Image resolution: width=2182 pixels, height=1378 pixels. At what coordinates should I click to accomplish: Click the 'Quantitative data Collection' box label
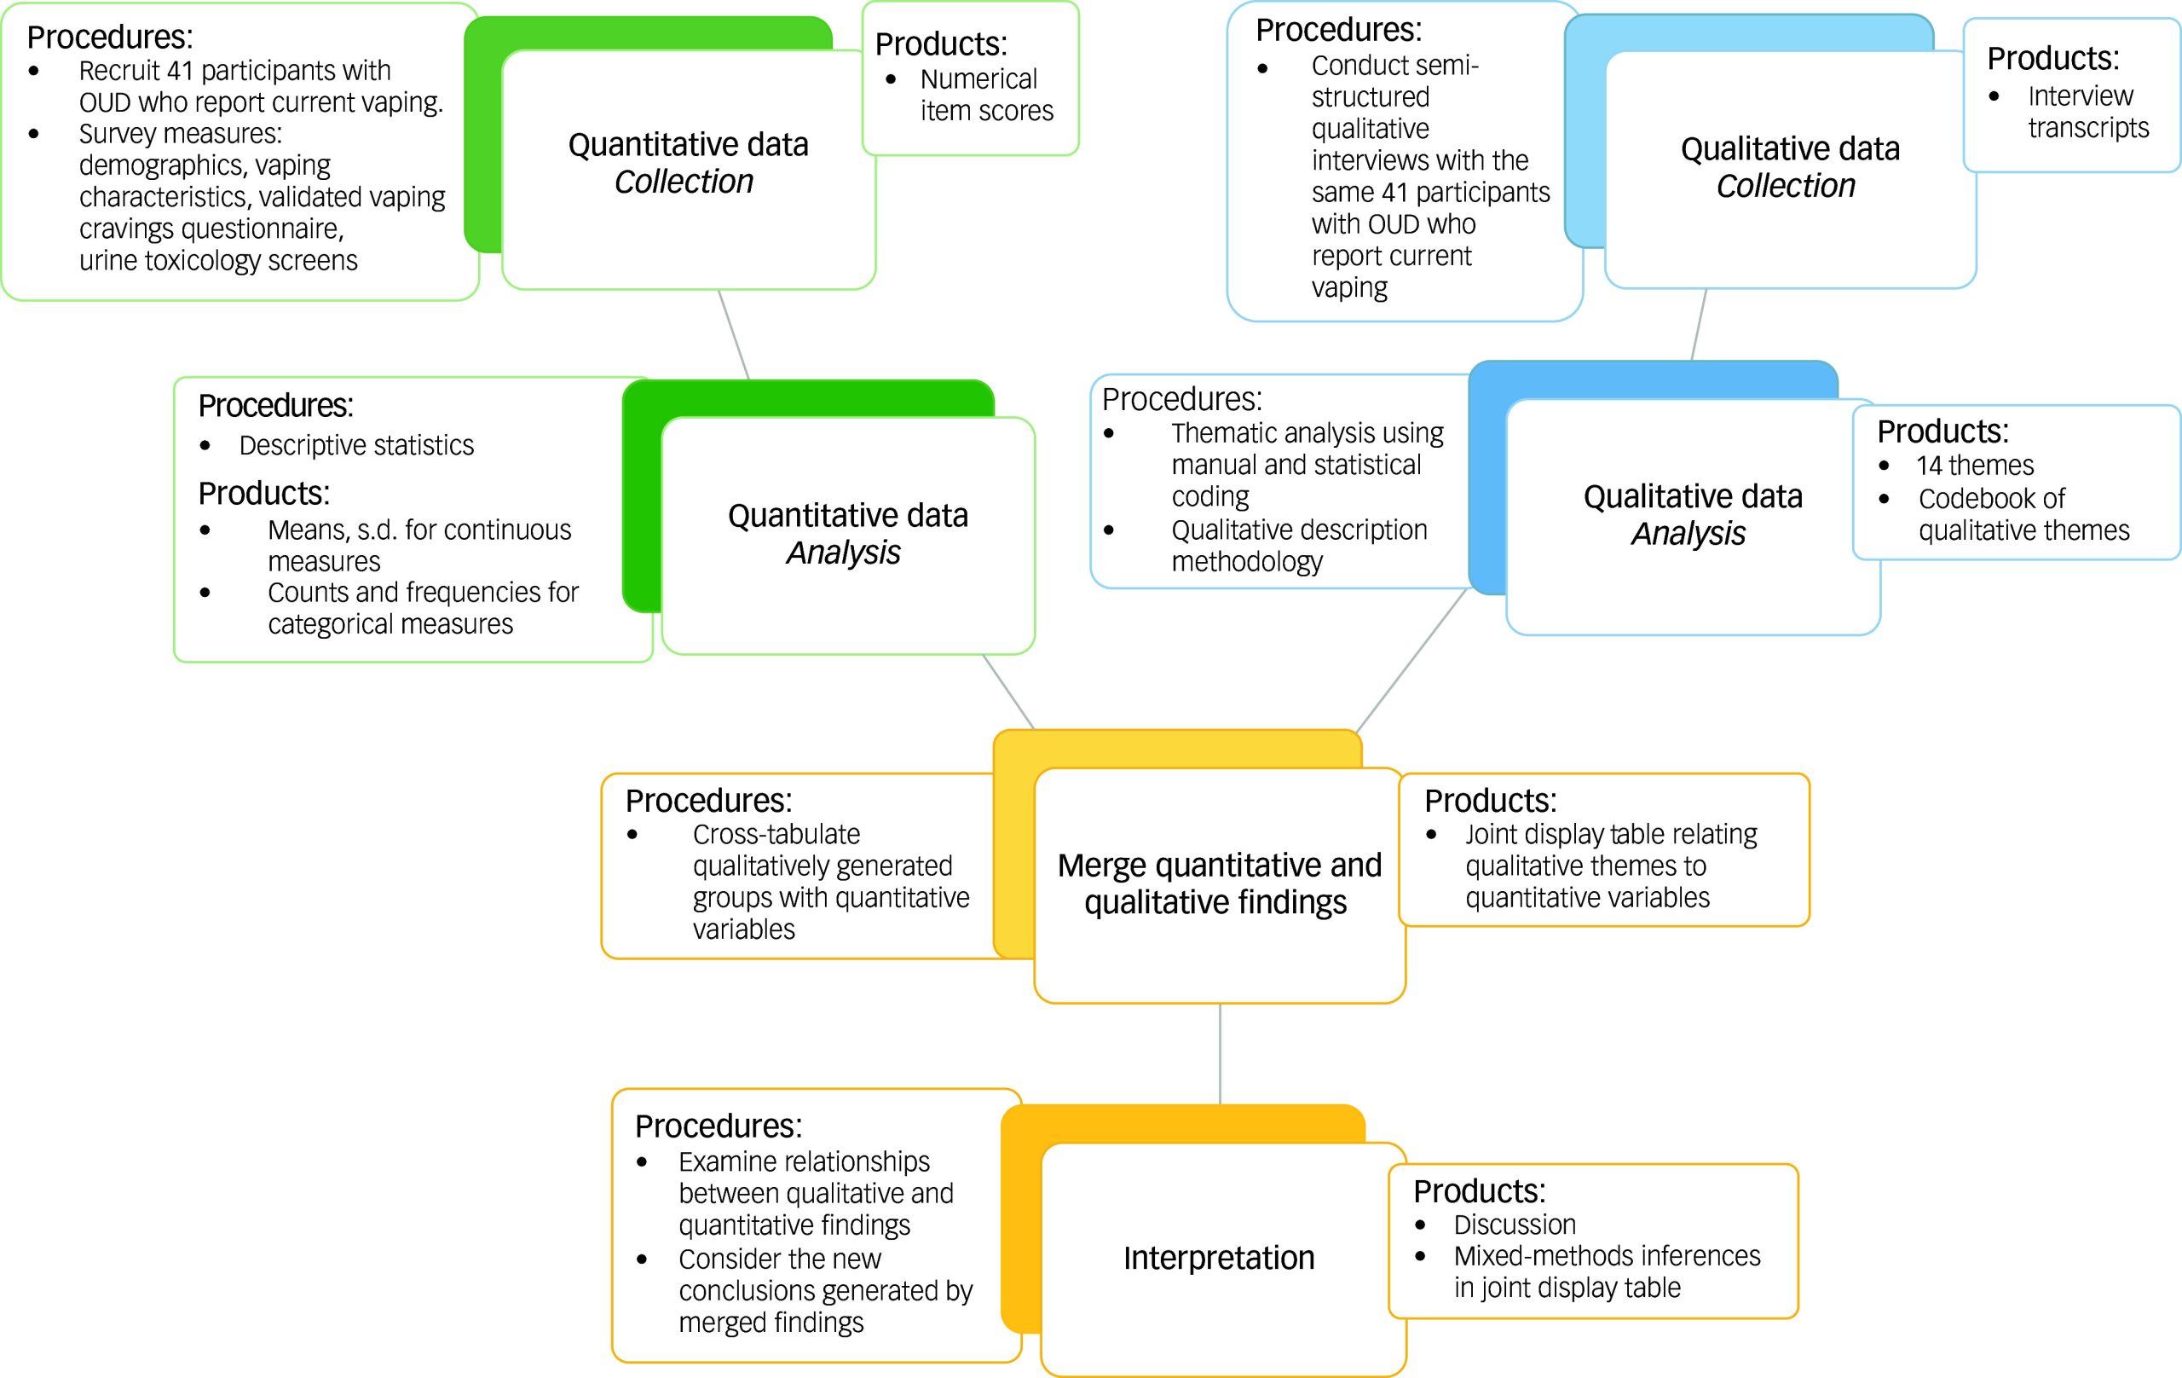(x=688, y=163)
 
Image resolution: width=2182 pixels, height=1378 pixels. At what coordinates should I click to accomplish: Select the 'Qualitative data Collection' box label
(x=1790, y=167)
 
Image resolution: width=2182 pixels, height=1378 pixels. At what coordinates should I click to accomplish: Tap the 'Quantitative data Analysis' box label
(x=847, y=534)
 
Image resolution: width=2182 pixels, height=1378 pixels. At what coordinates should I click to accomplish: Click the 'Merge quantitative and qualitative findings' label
(x=1219, y=884)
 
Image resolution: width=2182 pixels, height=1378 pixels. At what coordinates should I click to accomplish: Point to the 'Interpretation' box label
(x=1219, y=1259)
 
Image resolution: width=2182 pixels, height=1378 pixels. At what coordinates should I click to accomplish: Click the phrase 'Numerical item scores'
(x=986, y=96)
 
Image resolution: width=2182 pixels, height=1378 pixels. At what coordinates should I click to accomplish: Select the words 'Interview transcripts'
(x=2087, y=112)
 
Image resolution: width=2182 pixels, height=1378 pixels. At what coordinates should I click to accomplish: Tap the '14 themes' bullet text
(x=1975, y=466)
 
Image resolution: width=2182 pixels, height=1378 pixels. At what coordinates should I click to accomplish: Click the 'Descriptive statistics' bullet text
(x=356, y=445)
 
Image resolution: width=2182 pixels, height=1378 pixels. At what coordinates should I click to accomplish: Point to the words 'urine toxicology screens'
(x=218, y=261)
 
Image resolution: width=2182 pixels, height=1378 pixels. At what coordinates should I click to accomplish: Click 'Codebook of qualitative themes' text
(x=2023, y=515)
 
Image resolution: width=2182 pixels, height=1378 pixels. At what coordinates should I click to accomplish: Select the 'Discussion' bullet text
(x=1514, y=1225)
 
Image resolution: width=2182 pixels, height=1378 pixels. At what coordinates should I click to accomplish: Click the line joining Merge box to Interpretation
(x=1220, y=1053)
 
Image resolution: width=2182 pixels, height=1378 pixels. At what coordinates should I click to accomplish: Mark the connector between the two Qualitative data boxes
(x=1699, y=325)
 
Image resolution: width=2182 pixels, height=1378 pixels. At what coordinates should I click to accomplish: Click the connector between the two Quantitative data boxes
(x=733, y=333)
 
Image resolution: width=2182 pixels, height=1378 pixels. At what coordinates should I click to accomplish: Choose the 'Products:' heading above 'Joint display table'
(x=1490, y=802)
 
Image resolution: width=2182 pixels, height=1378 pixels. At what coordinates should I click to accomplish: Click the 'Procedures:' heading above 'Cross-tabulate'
(x=708, y=802)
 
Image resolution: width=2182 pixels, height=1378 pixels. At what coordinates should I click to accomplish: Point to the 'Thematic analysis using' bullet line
(x=1307, y=433)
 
